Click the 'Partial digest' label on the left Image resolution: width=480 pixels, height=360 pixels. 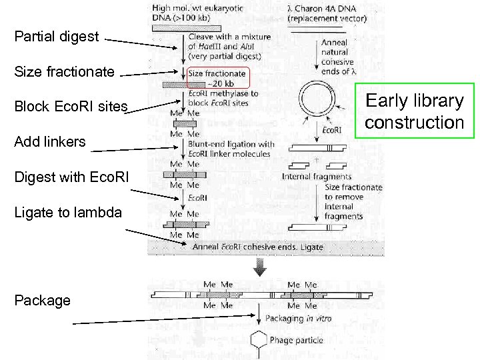click(x=57, y=37)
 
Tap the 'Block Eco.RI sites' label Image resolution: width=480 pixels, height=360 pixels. click(x=71, y=107)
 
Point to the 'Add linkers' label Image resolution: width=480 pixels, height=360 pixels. click(x=50, y=141)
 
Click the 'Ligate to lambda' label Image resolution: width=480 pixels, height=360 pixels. click(x=68, y=212)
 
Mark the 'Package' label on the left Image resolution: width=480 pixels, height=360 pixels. click(x=43, y=300)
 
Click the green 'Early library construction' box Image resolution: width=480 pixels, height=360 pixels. click(x=414, y=111)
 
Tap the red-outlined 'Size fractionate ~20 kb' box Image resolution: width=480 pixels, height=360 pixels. click(x=217, y=78)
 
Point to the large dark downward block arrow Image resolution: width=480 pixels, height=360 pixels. click(x=260, y=267)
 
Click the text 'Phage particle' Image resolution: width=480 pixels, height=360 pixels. click(x=296, y=341)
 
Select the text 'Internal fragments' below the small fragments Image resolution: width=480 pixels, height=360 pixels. click(x=317, y=177)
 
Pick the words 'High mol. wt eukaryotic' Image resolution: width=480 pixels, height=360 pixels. click(x=197, y=9)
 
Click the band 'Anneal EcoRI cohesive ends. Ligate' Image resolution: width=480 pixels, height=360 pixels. click(x=257, y=247)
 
